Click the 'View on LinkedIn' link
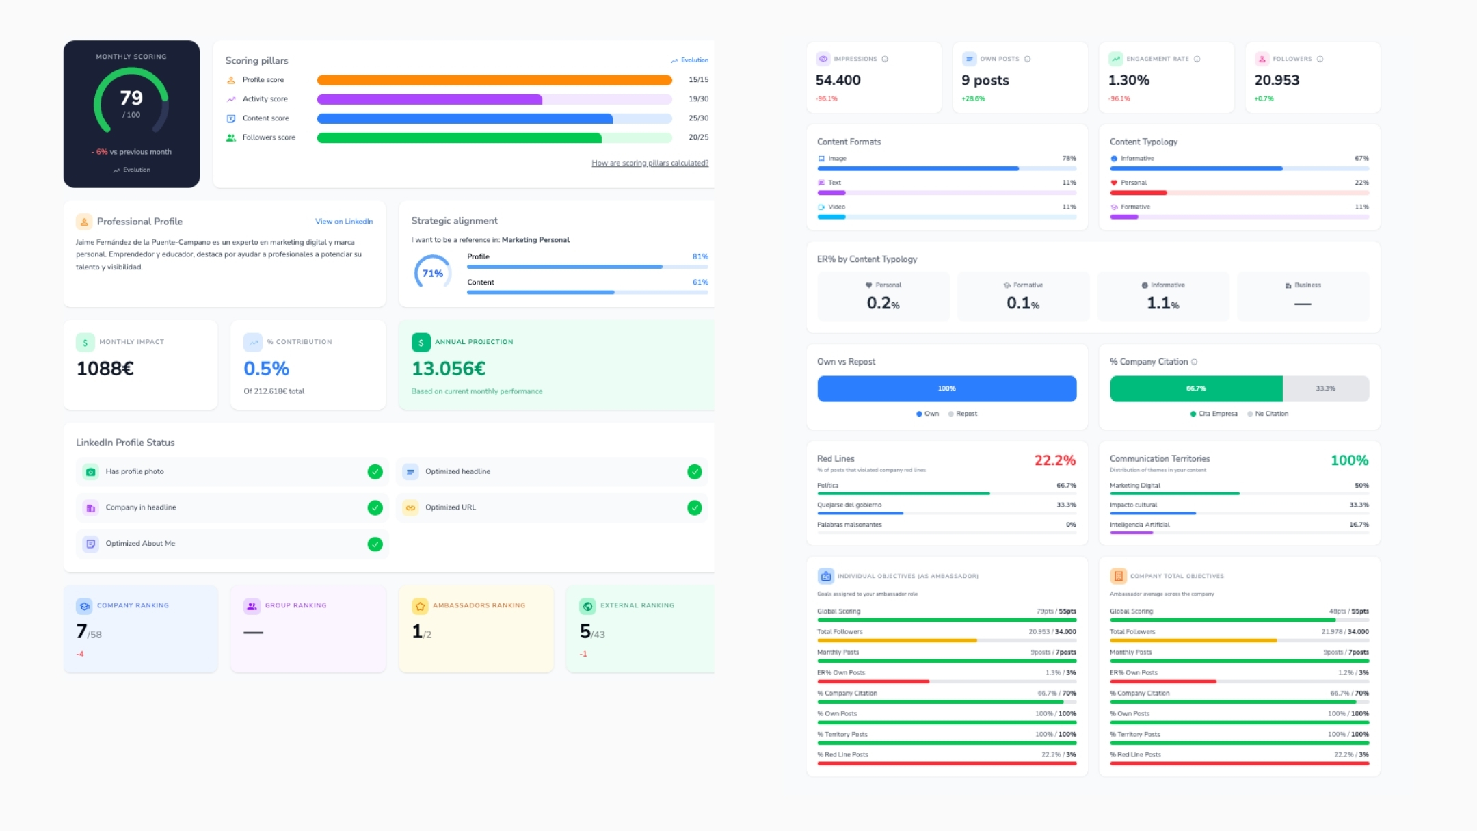point(343,222)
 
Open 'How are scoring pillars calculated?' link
point(650,163)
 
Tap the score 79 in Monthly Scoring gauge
point(131,98)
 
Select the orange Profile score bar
point(494,80)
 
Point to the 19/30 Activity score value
point(698,99)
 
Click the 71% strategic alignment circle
point(432,273)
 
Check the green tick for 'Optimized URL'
point(694,507)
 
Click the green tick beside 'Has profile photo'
point(375,471)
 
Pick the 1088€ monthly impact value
point(105,369)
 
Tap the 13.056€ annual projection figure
point(449,369)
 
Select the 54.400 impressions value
point(838,80)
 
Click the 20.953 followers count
point(1277,80)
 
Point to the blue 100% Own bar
point(946,388)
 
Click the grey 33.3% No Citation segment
point(1325,388)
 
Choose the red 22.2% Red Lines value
point(1054,460)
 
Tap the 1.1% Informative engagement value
point(1162,303)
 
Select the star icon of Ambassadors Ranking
point(420,606)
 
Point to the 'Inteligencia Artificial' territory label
point(1139,525)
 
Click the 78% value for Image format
point(1069,159)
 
